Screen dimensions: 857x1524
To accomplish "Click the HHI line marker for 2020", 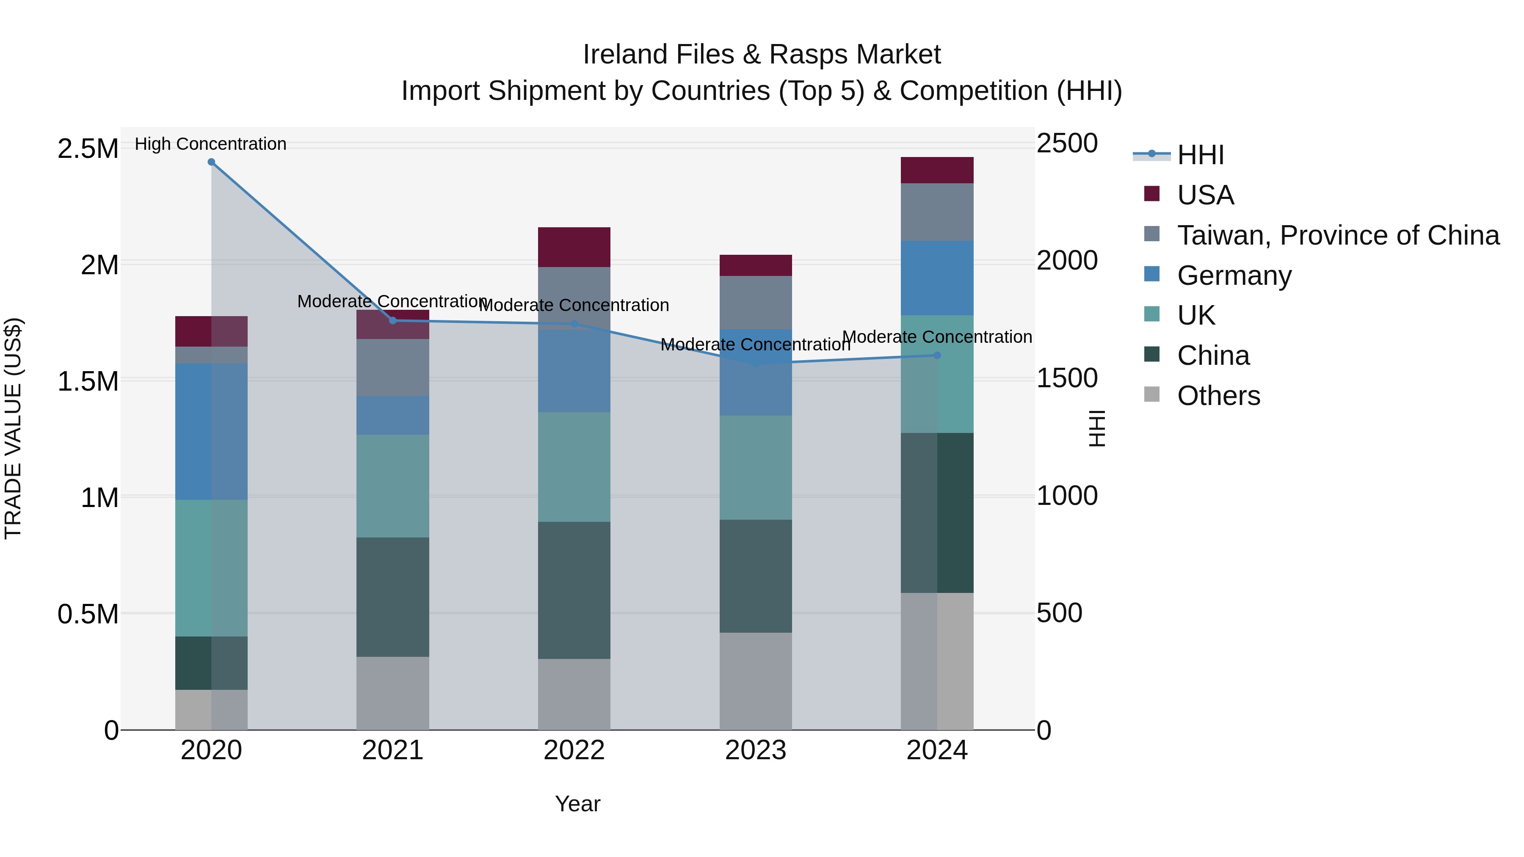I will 211,162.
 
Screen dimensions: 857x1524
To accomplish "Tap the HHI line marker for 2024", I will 937,355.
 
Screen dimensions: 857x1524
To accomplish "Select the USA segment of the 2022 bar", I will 574,247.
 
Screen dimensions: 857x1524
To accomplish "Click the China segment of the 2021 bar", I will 393,597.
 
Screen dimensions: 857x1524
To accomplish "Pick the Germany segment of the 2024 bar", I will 937,278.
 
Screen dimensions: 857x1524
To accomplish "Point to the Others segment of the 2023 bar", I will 756,681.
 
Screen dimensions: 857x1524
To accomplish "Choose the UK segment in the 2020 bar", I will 211,568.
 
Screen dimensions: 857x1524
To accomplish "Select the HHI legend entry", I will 1200,155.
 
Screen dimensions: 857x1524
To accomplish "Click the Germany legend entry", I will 1234,276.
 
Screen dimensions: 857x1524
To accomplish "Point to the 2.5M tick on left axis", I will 88,149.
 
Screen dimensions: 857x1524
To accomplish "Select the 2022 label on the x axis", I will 574,750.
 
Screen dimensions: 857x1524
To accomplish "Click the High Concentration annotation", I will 211,144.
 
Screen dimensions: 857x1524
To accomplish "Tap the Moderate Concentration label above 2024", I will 937,336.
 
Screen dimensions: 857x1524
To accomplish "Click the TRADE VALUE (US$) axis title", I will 13,428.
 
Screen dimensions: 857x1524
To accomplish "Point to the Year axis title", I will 577,804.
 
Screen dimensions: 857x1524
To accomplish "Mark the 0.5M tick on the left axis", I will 88,614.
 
